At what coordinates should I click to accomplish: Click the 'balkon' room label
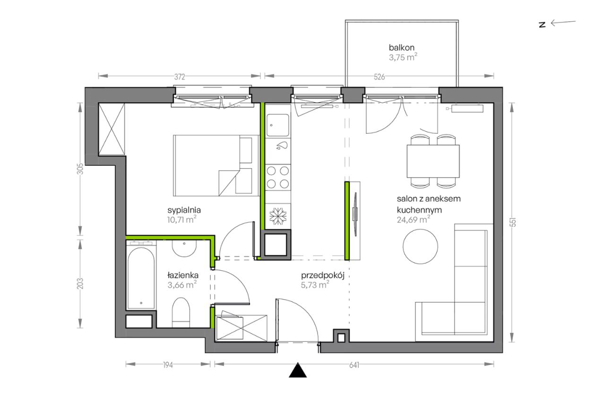401,48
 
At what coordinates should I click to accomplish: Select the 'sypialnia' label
184,210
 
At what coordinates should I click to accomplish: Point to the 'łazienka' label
183,275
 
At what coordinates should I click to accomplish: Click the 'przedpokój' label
323,276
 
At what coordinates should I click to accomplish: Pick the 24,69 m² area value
414,220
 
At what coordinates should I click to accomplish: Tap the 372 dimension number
179,77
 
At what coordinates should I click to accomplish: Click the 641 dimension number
354,365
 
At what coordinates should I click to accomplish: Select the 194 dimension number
168,365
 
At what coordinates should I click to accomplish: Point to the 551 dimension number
513,222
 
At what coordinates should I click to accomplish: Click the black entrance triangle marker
298,370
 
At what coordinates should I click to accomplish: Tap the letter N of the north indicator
542,25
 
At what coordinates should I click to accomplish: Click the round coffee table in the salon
420,246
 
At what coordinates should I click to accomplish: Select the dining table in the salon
433,161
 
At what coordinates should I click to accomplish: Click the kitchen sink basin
277,125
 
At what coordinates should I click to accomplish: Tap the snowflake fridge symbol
278,216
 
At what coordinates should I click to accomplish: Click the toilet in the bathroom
181,312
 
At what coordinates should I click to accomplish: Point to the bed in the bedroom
216,165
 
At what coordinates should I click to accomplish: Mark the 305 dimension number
80,169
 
